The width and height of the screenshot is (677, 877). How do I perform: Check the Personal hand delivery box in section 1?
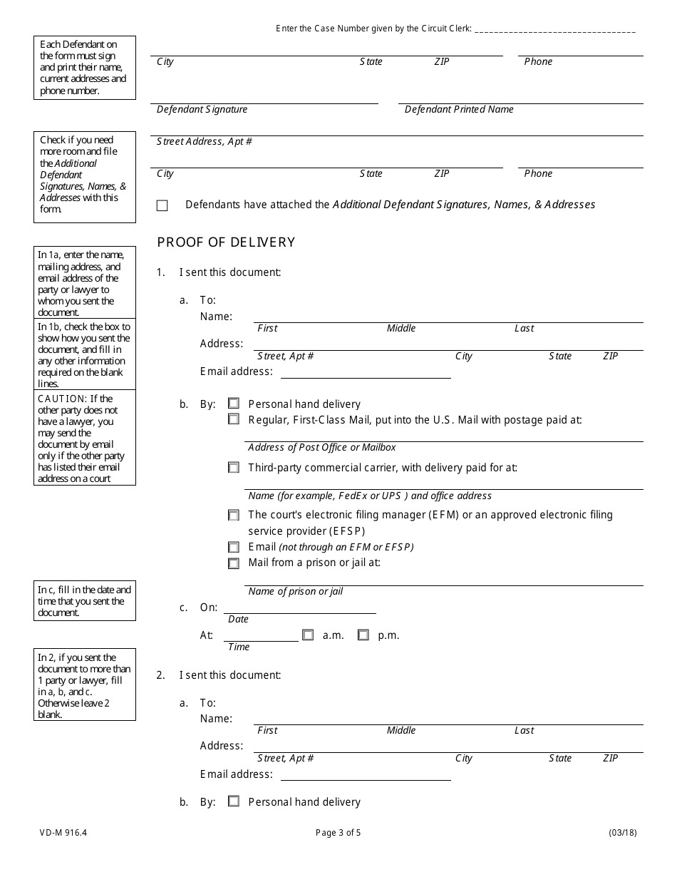tap(234, 404)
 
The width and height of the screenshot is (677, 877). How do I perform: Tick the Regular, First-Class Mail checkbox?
tap(234, 419)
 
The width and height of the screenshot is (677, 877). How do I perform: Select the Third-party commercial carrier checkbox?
tap(234, 468)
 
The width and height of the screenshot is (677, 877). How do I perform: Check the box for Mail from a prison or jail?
tap(234, 563)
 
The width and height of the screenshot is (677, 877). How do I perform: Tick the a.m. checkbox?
tap(308, 635)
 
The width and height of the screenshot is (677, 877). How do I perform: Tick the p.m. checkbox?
tap(363, 635)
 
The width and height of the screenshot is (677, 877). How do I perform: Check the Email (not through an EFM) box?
tap(234, 548)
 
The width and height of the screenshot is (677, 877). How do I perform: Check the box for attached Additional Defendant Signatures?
tap(162, 205)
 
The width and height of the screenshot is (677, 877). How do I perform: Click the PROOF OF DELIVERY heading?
tap(226, 242)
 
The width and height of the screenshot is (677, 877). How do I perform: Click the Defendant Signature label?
tap(202, 110)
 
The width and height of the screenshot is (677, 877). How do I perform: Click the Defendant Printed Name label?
tap(459, 110)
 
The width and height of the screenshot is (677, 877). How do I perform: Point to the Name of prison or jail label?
tap(295, 592)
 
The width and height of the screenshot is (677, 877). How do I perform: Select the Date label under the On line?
tap(238, 620)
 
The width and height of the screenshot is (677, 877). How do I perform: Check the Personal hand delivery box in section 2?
tap(234, 801)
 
